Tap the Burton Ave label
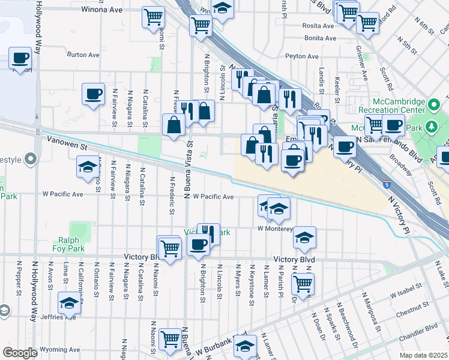pos(83,55)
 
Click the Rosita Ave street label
pos(319,26)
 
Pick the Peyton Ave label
pos(302,56)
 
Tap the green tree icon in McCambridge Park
pos(431,127)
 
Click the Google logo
pos(20,352)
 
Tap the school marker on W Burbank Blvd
pos(244,346)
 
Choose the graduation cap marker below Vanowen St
pos(88,166)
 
